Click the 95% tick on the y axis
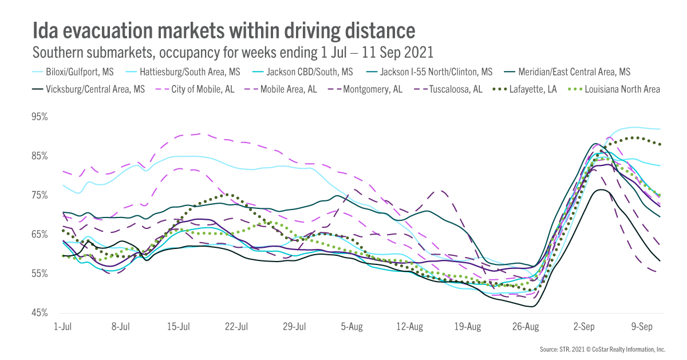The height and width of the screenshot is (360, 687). pos(40,117)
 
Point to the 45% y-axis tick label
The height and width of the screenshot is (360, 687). pos(40,313)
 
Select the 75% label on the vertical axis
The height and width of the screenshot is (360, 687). pos(40,195)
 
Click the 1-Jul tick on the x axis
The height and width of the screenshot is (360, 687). pos(62,327)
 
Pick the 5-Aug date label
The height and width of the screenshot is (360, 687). pos(352,327)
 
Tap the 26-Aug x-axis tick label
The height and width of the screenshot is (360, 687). pos(525,327)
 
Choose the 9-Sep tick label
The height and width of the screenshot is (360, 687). pos(641,327)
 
